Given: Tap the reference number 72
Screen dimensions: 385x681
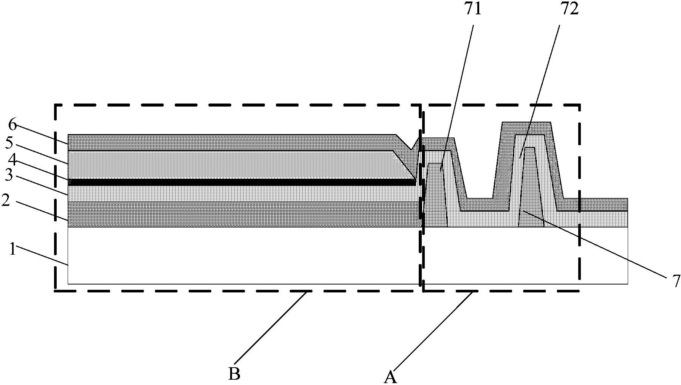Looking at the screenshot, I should tap(570, 9).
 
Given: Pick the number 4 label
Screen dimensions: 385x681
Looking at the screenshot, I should tap(11, 162).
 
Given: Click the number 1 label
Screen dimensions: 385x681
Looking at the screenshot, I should tap(12, 250).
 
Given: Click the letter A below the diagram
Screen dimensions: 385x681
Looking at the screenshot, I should tap(390, 377).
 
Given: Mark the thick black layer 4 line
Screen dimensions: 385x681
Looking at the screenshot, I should tap(242, 182).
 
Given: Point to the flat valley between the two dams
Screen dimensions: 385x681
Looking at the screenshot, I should tap(480, 204).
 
